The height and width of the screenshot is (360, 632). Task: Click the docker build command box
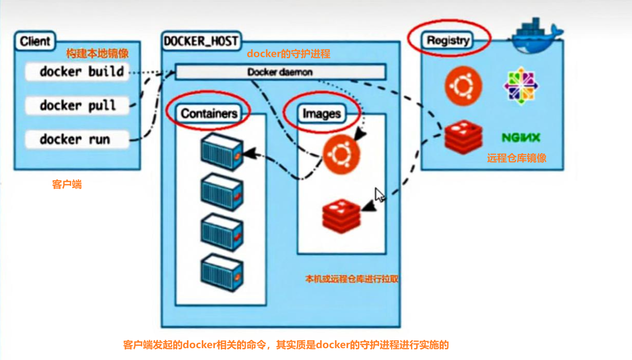77,72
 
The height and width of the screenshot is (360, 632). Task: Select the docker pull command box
77,105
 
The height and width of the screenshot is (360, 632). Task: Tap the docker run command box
77,140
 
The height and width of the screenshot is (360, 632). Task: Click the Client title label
35,41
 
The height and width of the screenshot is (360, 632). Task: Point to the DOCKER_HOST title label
201,41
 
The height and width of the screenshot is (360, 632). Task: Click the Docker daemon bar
280,72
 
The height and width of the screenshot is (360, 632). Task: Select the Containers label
209,113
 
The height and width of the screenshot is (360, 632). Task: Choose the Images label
322,114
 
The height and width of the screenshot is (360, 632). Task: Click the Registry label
448,40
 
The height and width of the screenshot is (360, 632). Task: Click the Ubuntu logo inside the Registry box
463,86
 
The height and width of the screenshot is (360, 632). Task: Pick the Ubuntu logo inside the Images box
341,154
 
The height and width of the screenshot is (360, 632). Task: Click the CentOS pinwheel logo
521,86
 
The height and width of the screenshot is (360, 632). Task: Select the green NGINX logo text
521,138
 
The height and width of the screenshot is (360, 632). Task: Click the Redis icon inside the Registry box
463,137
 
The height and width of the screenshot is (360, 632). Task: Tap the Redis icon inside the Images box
341,216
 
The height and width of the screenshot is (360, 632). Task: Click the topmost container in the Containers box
222,152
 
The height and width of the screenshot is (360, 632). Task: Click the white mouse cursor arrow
379,195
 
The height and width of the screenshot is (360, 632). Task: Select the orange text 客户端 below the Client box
67,184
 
